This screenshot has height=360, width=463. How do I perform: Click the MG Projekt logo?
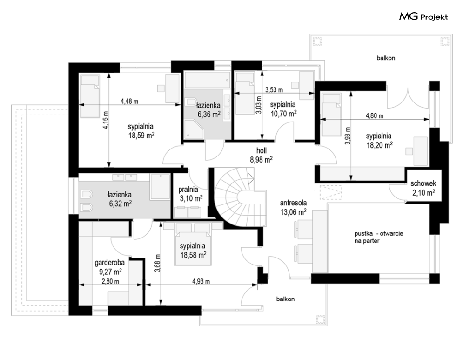tap(423, 17)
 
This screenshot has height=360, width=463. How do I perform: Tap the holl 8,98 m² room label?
tap(262, 155)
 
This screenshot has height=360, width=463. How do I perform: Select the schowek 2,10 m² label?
tap(423, 188)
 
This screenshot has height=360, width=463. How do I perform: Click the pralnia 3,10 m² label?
tap(191, 194)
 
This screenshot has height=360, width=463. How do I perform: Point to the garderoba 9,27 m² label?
tap(109, 267)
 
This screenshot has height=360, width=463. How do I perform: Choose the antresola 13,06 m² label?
tap(293, 207)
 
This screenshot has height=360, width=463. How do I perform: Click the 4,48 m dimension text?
tap(129, 102)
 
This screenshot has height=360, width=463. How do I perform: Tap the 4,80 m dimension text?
tap(375, 116)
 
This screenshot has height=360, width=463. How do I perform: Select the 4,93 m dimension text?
tap(201, 281)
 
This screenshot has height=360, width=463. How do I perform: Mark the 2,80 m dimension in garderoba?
tap(110, 281)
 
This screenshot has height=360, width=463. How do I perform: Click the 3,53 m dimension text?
tap(274, 89)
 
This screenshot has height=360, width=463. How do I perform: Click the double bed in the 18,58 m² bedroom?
tap(194, 244)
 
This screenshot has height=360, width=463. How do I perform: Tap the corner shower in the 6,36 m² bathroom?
tap(194, 129)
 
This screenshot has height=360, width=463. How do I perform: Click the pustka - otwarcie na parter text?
tap(379, 237)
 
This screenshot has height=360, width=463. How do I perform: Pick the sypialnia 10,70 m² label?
tap(283, 109)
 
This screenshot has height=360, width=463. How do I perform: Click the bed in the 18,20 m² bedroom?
tap(331, 114)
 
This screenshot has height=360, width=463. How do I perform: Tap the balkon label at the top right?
tap(386, 58)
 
